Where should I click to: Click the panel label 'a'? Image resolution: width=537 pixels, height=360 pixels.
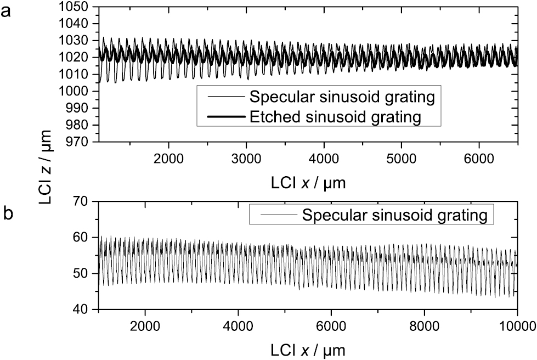[x=7, y=11]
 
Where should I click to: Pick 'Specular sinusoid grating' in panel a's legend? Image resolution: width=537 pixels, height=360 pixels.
[x=342, y=98]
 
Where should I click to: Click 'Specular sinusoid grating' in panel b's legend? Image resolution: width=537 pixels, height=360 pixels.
[x=394, y=214]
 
